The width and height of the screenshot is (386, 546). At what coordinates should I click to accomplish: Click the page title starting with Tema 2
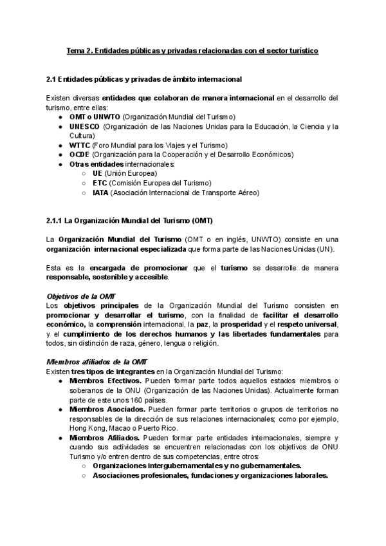(193, 50)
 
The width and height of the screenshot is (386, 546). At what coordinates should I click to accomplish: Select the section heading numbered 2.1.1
(126, 221)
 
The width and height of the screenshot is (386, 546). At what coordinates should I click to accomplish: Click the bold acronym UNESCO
(84, 126)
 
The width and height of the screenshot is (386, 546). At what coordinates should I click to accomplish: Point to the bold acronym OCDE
(80, 155)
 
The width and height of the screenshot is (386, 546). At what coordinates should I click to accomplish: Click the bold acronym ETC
(100, 183)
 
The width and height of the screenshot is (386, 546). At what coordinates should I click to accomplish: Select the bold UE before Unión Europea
(97, 173)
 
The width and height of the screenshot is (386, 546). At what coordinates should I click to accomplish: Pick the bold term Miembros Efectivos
(101, 381)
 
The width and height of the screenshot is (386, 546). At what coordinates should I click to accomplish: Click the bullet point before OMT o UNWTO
(60, 117)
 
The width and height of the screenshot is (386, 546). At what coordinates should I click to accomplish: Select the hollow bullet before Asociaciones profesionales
(84, 476)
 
